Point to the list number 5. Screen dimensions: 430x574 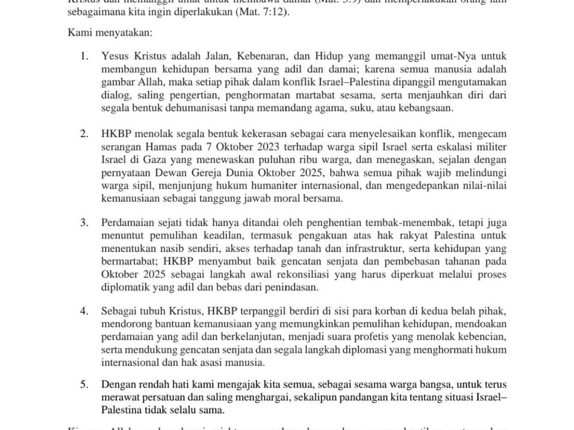coord(84,385)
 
